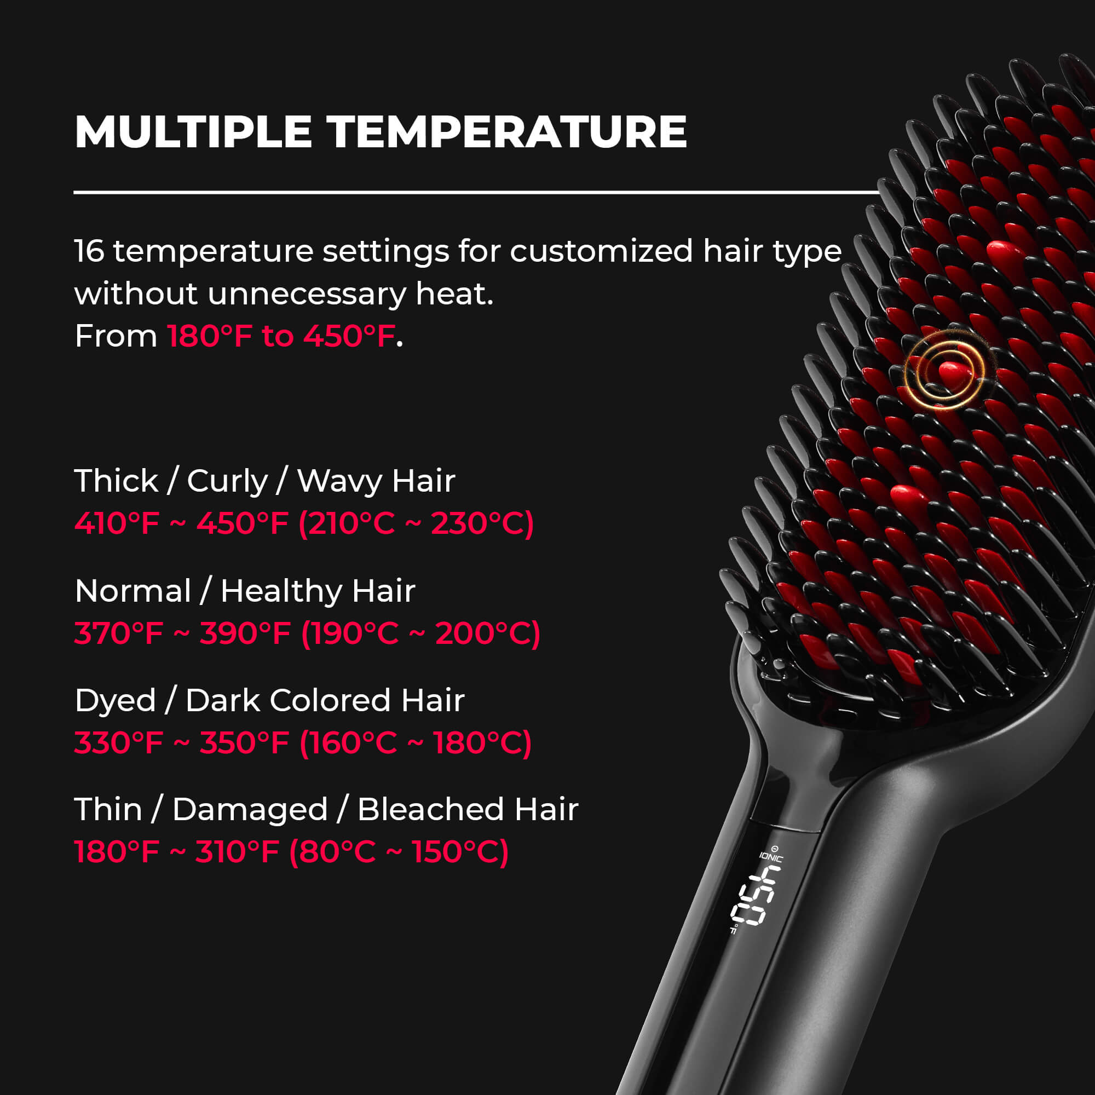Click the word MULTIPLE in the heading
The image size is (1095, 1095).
[193, 132]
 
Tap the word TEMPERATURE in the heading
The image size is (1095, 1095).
[506, 132]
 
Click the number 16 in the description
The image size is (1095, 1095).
[90, 251]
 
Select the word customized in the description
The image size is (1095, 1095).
[601, 251]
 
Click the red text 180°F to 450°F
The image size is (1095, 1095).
[281, 336]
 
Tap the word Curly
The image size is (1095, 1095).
[227, 482]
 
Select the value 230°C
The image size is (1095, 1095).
[482, 522]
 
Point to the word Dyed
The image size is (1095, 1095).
[115, 701]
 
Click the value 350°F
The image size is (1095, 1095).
[244, 743]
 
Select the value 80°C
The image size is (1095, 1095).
[332, 852]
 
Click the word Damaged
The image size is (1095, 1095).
[250, 810]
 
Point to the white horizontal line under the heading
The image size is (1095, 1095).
[476, 193]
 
